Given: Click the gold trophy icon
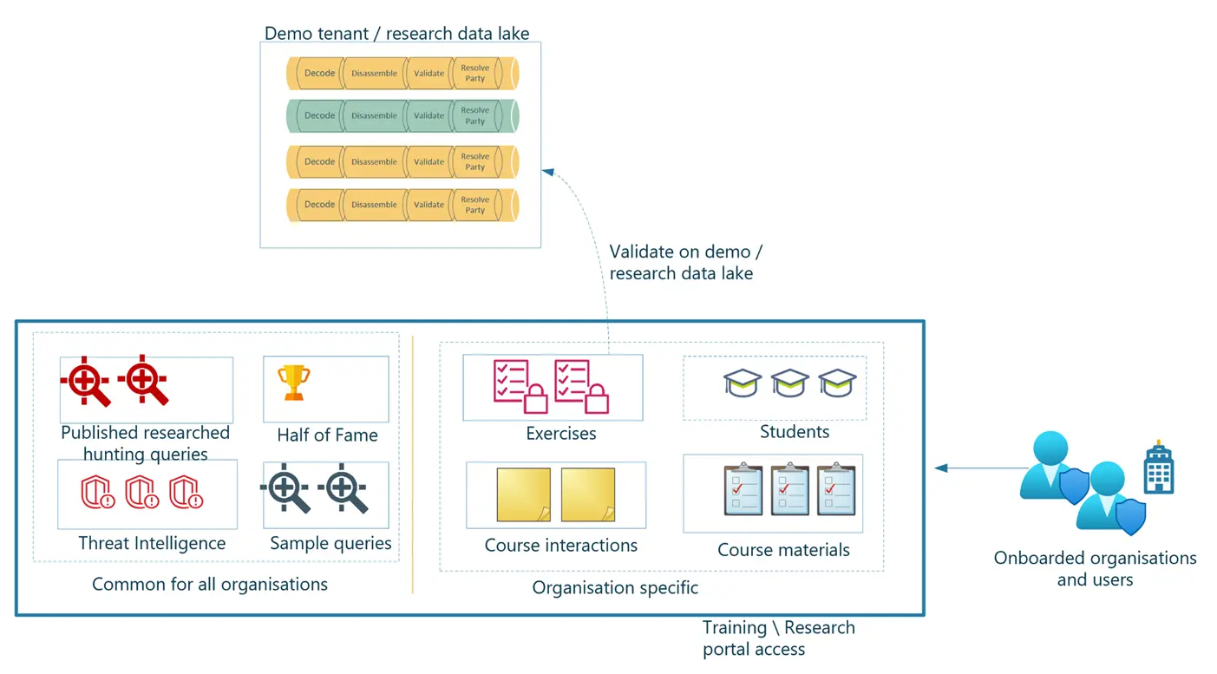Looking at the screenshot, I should [293, 383].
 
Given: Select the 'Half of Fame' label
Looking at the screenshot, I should [327, 435].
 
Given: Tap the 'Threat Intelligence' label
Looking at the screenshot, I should [152, 544].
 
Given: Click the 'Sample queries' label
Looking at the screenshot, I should [330, 544].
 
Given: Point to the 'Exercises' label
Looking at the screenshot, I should [561, 434].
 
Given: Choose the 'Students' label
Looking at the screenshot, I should [795, 432].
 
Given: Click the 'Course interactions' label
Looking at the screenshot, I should [560, 546].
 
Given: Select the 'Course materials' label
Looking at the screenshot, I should [783, 550].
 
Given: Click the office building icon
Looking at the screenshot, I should [1158, 469].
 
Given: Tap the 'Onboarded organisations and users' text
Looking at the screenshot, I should [1095, 569].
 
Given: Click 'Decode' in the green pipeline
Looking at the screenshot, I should [319, 115].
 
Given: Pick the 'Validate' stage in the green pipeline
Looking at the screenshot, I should [429, 115].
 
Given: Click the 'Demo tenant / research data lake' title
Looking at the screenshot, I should [396, 34].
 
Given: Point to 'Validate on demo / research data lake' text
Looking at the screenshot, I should [685, 263].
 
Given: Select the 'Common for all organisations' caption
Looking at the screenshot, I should [210, 585].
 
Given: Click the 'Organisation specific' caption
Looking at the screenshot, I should [615, 588].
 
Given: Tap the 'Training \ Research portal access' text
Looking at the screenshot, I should [778, 638].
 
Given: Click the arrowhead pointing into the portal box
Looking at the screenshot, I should [939, 468].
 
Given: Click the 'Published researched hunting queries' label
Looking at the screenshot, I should [145, 443].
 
